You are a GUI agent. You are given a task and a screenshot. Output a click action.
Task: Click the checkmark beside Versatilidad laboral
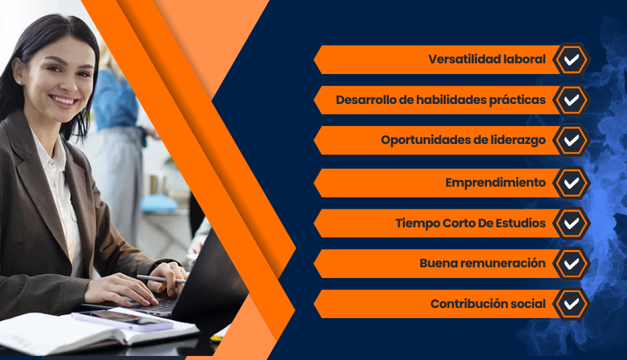coord(572,59)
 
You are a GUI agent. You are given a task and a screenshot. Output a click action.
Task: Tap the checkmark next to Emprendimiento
coord(572,183)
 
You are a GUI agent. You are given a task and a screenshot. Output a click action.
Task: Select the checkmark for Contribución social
coord(572,304)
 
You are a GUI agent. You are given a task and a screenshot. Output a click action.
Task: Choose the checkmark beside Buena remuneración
coord(572,264)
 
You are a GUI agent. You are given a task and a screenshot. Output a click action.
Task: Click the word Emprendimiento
coord(496,183)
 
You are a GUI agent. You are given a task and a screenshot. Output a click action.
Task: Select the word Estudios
coord(521,223)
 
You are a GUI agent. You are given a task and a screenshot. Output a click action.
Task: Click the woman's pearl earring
coord(19,82)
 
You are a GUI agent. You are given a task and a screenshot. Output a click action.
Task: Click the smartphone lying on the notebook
coord(122,319)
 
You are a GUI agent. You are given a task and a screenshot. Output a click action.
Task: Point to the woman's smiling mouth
coord(64,101)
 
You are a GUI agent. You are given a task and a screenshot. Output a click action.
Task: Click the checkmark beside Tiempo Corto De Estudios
coord(572,223)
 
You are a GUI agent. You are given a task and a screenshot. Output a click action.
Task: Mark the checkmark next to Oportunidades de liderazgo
coord(572,140)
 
